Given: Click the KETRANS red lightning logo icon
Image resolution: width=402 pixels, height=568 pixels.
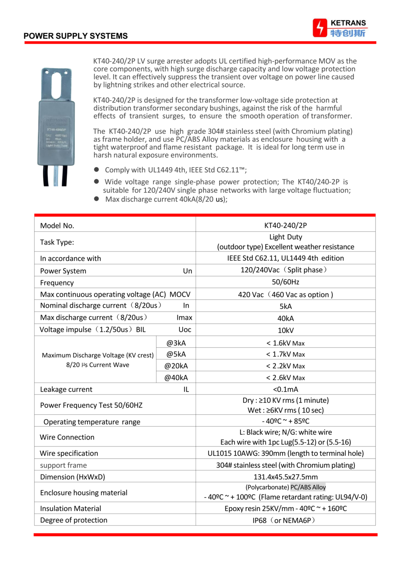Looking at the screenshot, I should [320, 28].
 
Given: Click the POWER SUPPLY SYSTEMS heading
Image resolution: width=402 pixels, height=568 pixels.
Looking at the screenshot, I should [75, 36].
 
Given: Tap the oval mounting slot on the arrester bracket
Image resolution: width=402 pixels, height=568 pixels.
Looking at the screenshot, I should [56, 84].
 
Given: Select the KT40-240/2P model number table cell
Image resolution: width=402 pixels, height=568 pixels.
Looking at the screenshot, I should [286, 225].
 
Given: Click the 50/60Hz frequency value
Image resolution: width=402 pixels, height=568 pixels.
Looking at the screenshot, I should [286, 282].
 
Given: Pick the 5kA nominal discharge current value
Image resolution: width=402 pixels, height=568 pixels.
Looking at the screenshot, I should [286, 306].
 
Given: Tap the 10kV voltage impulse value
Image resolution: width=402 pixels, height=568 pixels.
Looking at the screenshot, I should [286, 330].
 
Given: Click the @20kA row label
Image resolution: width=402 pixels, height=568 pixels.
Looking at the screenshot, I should [176, 366].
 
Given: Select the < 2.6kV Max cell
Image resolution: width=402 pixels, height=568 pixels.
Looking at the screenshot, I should [286, 378].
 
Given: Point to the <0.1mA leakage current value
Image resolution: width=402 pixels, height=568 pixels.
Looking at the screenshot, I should [286, 389].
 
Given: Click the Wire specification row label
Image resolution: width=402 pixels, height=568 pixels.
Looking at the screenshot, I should [69, 453].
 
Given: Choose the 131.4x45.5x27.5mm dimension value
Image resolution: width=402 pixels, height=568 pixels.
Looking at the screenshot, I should [286, 477].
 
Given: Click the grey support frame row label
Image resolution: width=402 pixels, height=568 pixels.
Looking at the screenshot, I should [63, 465].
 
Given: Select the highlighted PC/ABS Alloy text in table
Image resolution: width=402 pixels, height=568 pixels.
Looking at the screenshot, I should [308, 487].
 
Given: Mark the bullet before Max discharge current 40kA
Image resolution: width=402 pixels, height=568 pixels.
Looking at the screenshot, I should [97, 199].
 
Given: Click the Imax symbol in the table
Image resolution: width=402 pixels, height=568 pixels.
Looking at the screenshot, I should [184, 318].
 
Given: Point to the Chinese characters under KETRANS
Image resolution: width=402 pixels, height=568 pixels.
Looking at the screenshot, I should [347, 33].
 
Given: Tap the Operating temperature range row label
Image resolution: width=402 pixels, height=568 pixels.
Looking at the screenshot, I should [92, 422].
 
